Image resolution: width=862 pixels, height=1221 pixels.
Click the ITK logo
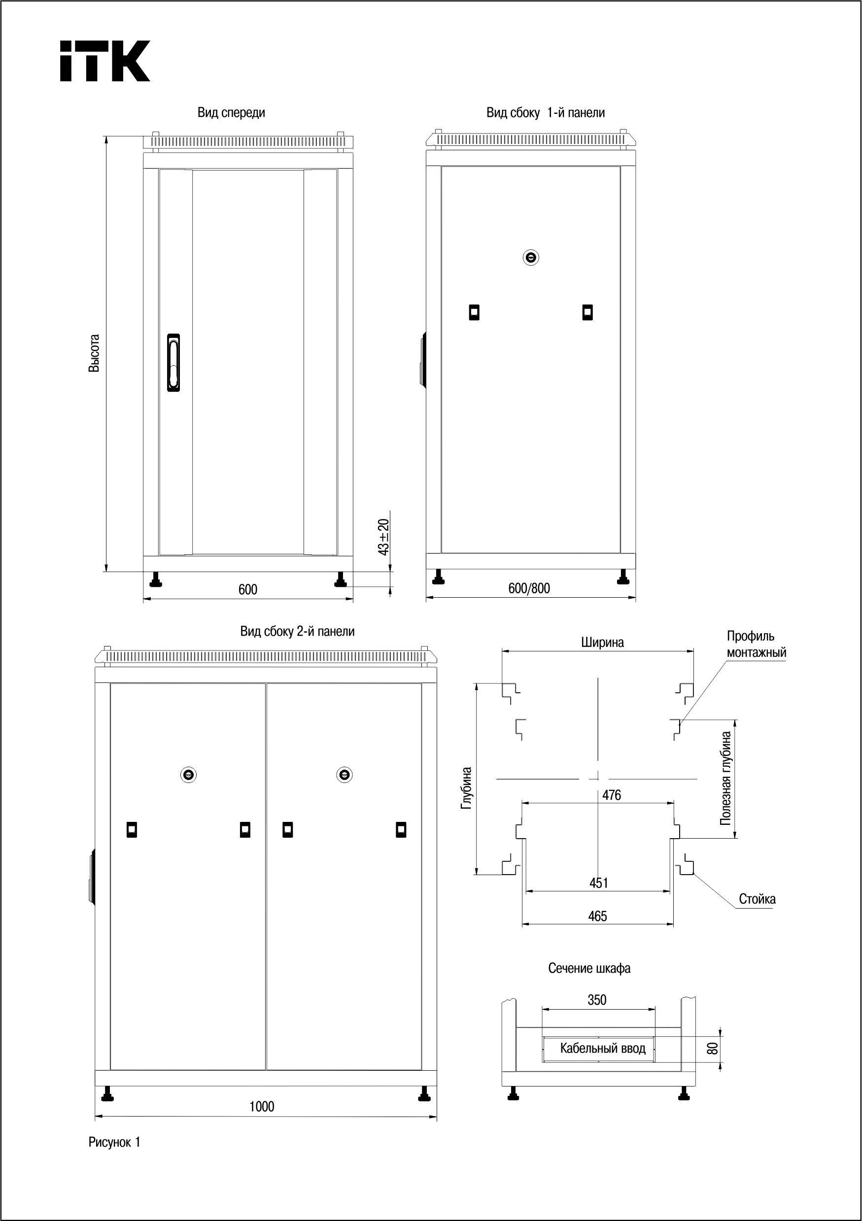point(105,61)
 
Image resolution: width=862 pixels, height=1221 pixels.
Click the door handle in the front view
point(173,362)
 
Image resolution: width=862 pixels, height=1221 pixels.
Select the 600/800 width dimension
point(529,588)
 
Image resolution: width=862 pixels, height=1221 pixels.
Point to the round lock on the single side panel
point(531,257)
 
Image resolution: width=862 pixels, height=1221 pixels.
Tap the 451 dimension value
point(599,883)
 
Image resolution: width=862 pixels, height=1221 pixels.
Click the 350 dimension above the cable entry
point(597,1000)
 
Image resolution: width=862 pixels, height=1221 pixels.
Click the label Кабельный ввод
point(602,1049)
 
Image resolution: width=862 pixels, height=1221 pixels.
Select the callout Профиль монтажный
point(756,644)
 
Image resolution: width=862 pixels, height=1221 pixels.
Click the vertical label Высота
point(94,353)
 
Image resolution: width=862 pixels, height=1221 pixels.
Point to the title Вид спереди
point(231,113)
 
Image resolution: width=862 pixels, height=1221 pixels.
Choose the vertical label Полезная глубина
point(726,779)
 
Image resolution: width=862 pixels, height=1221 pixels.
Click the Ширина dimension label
point(602,643)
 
